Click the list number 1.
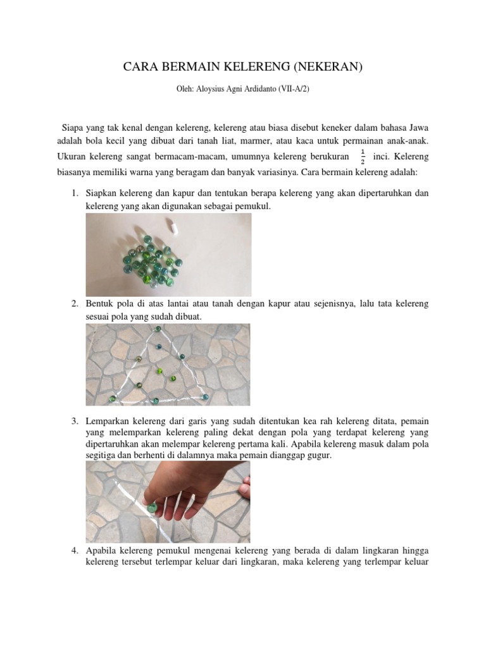click(75, 193)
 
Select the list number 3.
click(75, 421)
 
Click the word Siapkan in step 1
click(102, 193)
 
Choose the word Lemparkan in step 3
click(108, 421)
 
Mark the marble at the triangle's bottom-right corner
click(204, 396)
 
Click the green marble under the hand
click(151, 506)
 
